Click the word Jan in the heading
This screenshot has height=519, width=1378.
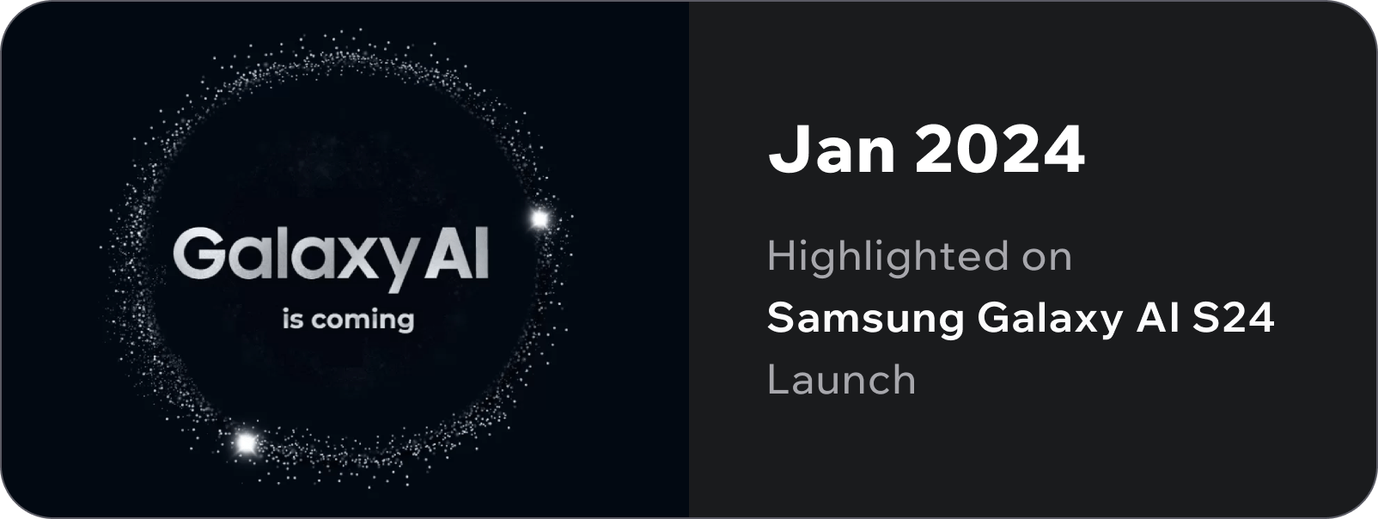click(x=832, y=150)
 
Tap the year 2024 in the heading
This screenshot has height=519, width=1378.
click(x=1000, y=150)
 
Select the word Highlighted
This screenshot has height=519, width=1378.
click(x=887, y=257)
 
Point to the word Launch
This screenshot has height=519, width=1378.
click(x=842, y=379)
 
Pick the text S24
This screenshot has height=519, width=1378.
click(x=1233, y=318)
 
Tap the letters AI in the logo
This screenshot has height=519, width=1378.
click(x=457, y=253)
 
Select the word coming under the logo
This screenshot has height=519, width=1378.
click(x=363, y=321)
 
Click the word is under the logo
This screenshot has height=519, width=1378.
click(x=293, y=320)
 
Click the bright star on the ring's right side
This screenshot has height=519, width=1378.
click(x=540, y=218)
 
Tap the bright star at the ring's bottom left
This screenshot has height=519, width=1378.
click(x=246, y=443)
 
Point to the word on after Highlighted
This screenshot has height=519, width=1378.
click(x=1047, y=257)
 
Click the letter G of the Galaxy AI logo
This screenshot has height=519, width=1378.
click(x=198, y=253)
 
